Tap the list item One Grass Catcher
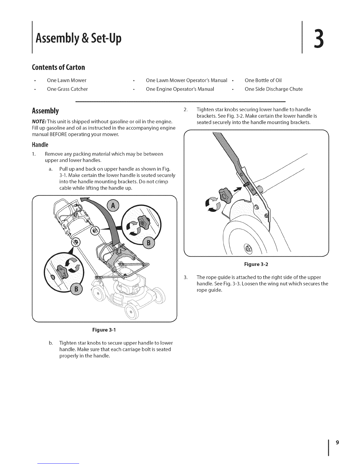pos(67,89)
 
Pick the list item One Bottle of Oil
pos(264,80)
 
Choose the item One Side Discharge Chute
pos(274,89)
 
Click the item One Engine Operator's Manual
pos(180,89)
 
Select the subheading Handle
pos(40,145)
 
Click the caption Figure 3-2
pos(256,264)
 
